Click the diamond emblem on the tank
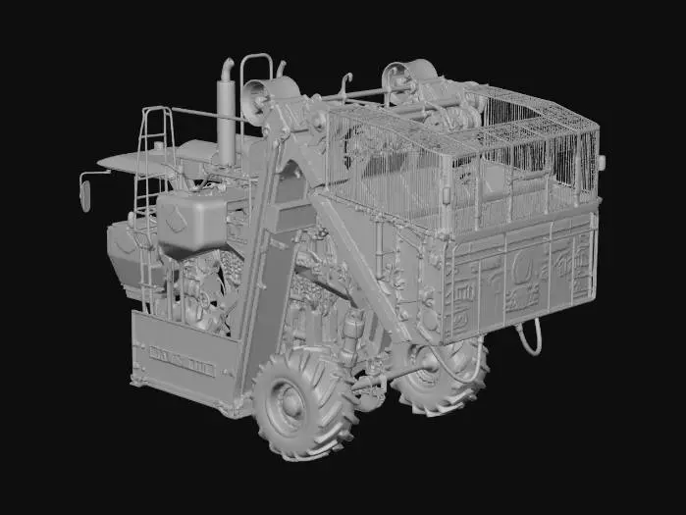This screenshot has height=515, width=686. click(x=178, y=217)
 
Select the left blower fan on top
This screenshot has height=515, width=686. click(x=266, y=98)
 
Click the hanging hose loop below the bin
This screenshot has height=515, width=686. click(x=530, y=338)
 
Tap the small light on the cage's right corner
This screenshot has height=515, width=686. click(x=601, y=161)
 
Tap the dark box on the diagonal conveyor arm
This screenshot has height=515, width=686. click(x=290, y=216)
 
